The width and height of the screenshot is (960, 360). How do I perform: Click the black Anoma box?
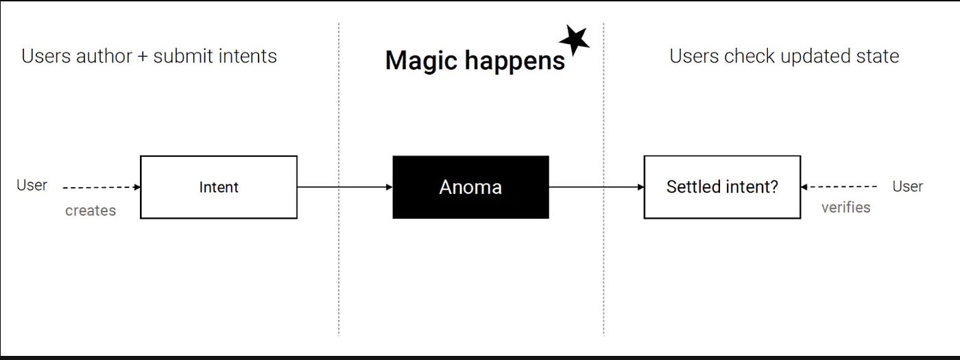pyautogui.click(x=470, y=187)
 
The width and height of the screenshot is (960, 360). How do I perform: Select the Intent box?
pyautogui.click(x=219, y=187)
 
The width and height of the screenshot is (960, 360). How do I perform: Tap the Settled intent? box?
pyautogui.click(x=722, y=187)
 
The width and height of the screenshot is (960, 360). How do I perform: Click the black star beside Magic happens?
pyautogui.click(x=574, y=40)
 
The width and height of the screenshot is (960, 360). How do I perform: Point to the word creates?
pyautogui.click(x=91, y=211)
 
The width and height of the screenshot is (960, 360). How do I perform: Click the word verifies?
pyautogui.click(x=845, y=207)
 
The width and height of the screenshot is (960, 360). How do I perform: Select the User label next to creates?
pyautogui.click(x=32, y=185)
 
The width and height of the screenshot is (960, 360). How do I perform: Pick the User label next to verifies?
pyautogui.click(x=907, y=186)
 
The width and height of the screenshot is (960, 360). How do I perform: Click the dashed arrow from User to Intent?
pyautogui.click(x=101, y=187)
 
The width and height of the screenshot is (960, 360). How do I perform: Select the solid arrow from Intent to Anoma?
pyautogui.click(x=344, y=187)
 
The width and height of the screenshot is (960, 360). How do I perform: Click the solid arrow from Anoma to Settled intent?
pyautogui.click(x=596, y=187)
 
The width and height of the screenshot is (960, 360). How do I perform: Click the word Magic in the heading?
pyautogui.click(x=416, y=60)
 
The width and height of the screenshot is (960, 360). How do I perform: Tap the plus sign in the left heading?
pyautogui.click(x=142, y=56)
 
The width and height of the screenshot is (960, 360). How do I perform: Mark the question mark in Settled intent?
pyautogui.click(x=774, y=187)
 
